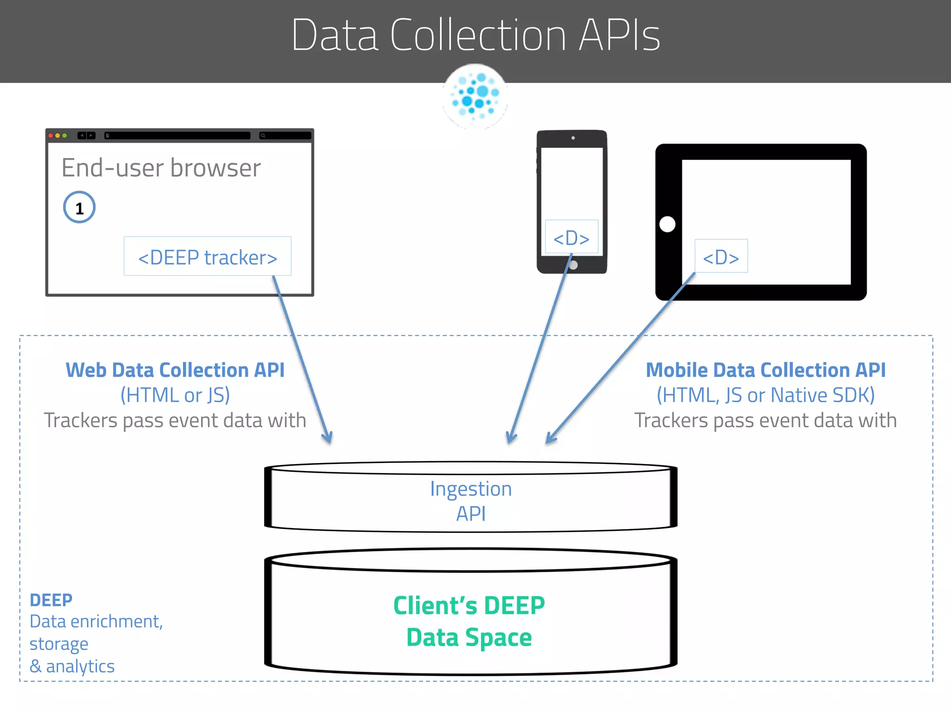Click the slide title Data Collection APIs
pyautogui.click(x=475, y=35)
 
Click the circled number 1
pyautogui.click(x=79, y=207)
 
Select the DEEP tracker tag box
pyautogui.click(x=208, y=256)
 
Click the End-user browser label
pyautogui.click(x=161, y=168)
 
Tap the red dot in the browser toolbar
pyautogui.click(x=51, y=136)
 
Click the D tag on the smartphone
pyautogui.click(x=571, y=237)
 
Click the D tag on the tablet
pyautogui.click(x=721, y=256)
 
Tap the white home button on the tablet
pyautogui.click(x=667, y=224)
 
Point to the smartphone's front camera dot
pyautogui.click(x=573, y=138)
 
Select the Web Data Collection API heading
pyautogui.click(x=175, y=370)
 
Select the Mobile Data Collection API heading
pyautogui.click(x=766, y=370)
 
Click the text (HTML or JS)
pyautogui.click(x=175, y=396)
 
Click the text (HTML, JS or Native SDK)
pyautogui.click(x=766, y=396)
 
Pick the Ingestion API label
pyautogui.click(x=471, y=501)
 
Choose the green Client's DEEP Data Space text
pyautogui.click(x=469, y=621)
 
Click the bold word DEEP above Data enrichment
pyautogui.click(x=51, y=600)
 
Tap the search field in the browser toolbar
pyautogui.click(x=285, y=136)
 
